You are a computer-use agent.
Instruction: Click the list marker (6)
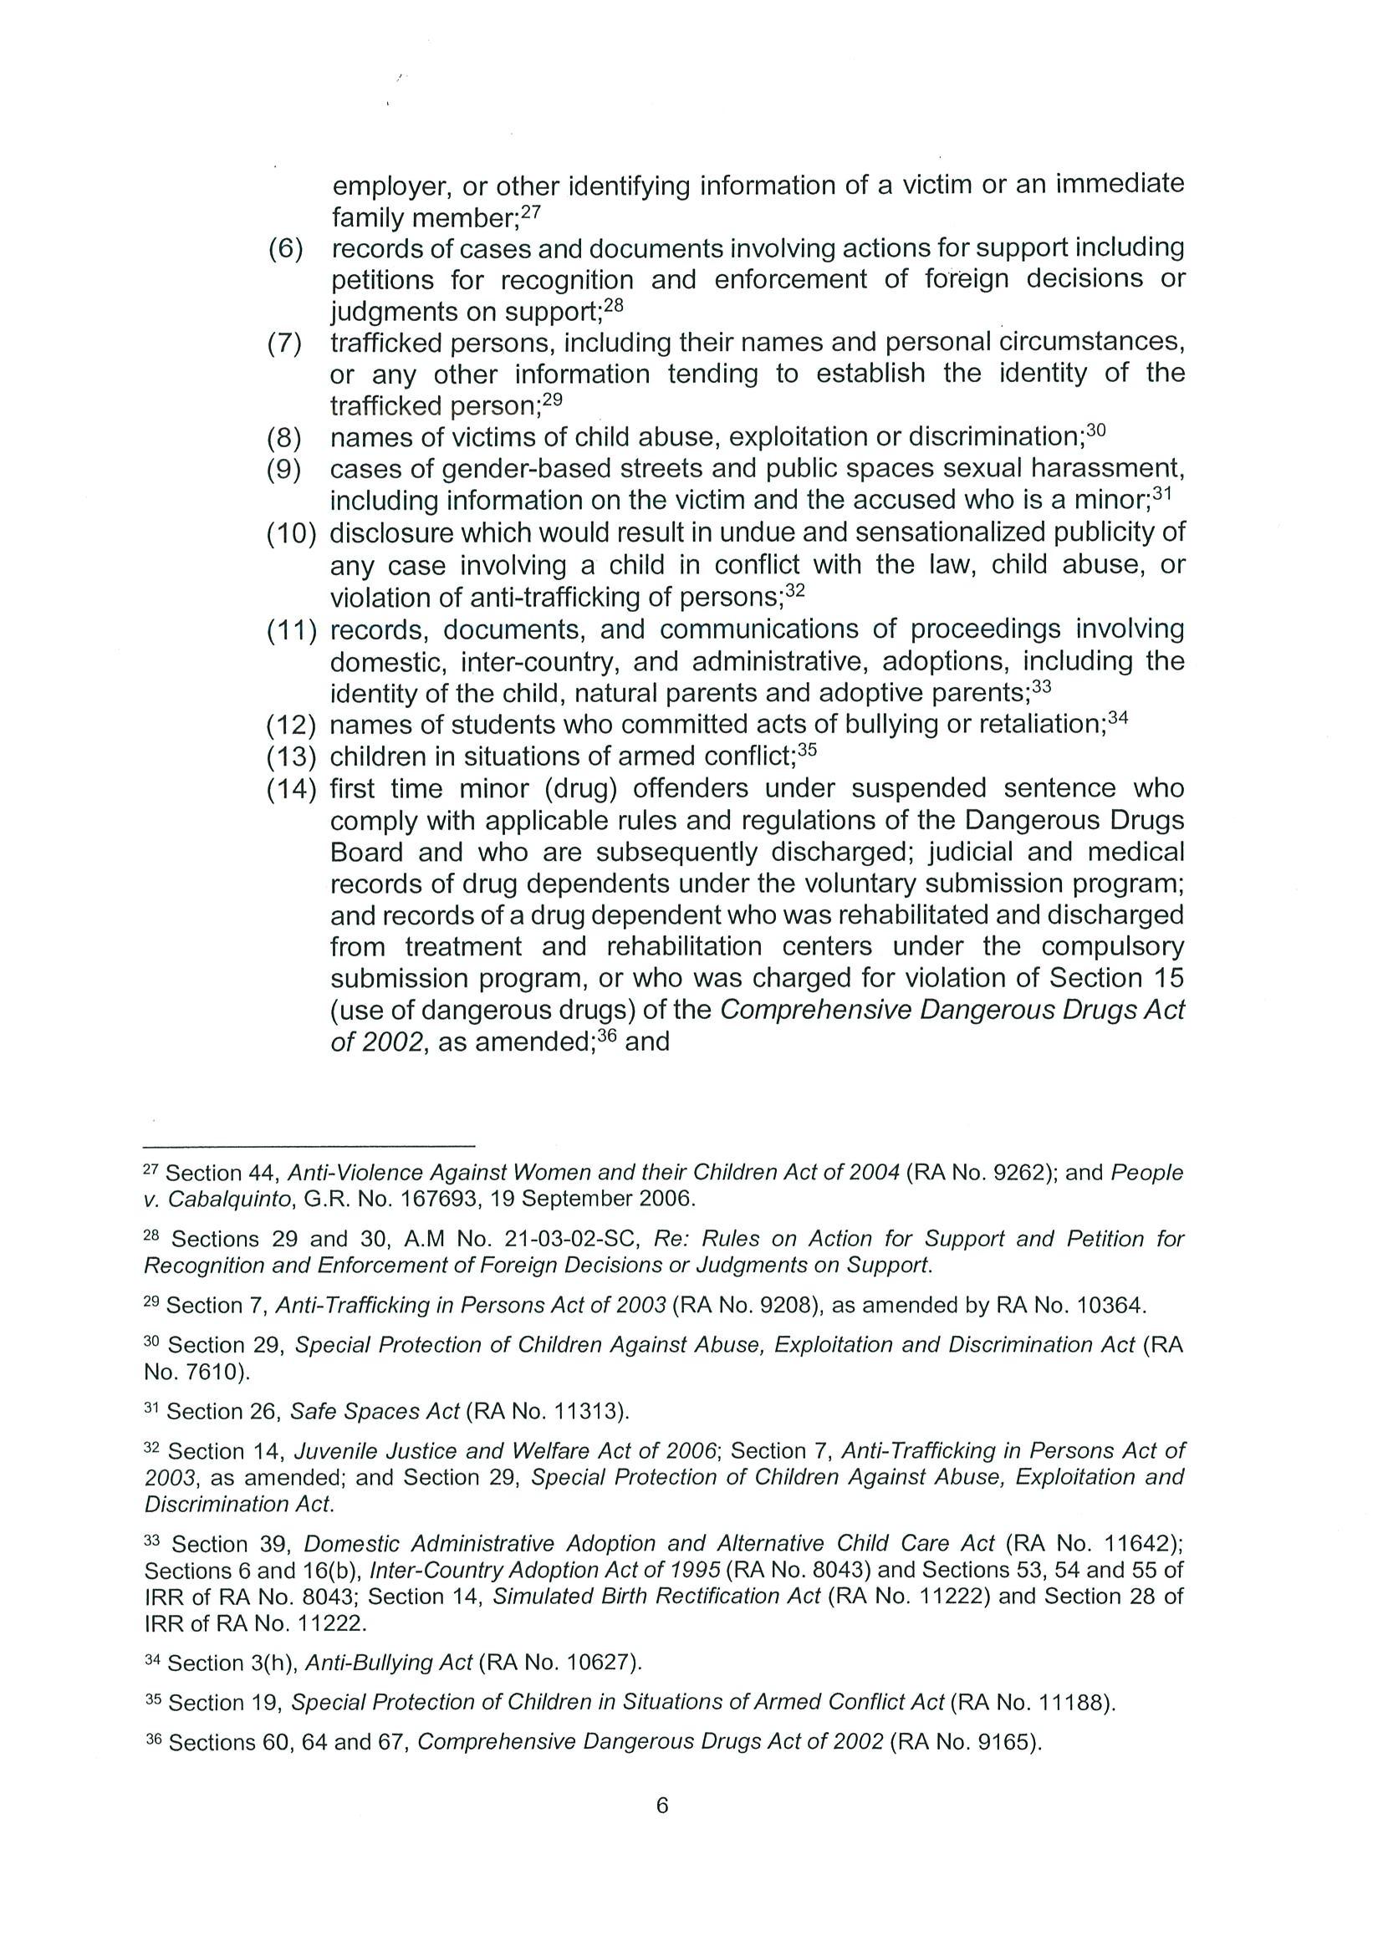point(285,250)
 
